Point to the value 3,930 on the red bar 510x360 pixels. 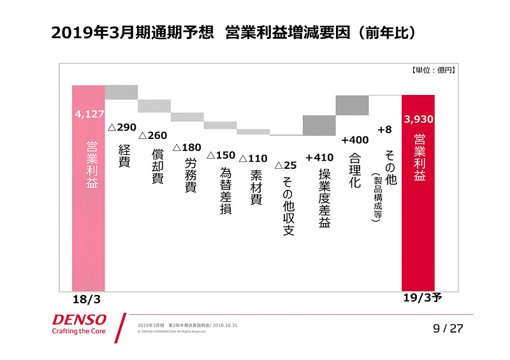[418, 119]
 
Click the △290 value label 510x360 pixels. [122, 127]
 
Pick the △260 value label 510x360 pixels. [153, 135]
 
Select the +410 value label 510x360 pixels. [319, 157]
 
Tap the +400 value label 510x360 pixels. [354, 140]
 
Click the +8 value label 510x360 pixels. [384, 129]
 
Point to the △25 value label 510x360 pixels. [286, 165]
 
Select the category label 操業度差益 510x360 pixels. [324, 198]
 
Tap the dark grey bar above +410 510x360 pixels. [319, 125]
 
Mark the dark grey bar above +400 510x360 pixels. [352, 105]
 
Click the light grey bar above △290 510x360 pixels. [121, 92]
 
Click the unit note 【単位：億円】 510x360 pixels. [433, 71]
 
